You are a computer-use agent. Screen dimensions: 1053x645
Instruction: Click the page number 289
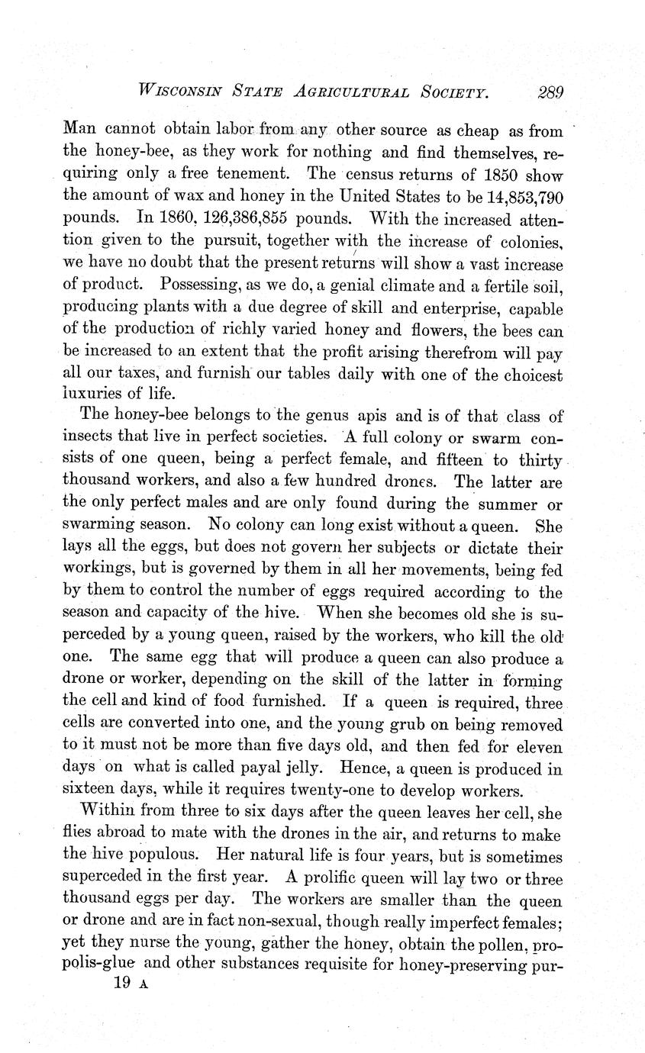pos(549,93)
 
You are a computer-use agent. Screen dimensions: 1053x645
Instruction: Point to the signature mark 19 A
pos(129,985)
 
